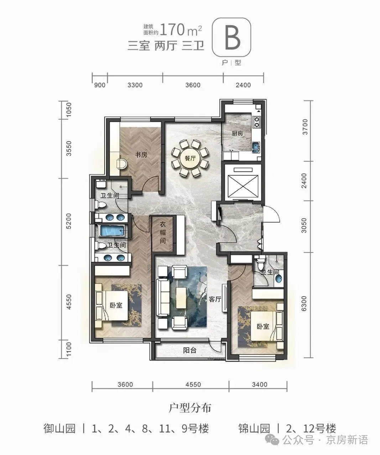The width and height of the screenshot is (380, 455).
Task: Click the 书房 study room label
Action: (x=141, y=155)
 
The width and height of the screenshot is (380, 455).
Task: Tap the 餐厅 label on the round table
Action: (x=190, y=159)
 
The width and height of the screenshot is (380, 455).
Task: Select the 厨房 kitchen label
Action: (x=237, y=133)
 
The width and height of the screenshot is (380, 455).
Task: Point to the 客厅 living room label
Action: (x=215, y=299)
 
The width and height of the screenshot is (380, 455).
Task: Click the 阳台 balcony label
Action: (x=189, y=350)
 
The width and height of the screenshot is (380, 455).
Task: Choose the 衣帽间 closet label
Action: (x=162, y=233)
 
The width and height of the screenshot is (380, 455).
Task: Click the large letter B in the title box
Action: (x=232, y=38)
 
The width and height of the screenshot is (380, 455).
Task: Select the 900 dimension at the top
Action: (x=100, y=85)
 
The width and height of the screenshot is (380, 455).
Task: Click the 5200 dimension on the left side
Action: (x=69, y=221)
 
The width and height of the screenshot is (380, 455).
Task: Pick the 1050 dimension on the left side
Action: (x=69, y=109)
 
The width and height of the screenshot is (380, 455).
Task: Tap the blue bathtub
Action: (x=112, y=231)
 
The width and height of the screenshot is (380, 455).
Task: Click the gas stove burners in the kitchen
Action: (x=257, y=122)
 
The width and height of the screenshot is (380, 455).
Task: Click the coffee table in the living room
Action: (x=181, y=298)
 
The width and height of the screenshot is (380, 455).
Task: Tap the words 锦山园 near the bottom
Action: (x=254, y=429)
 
